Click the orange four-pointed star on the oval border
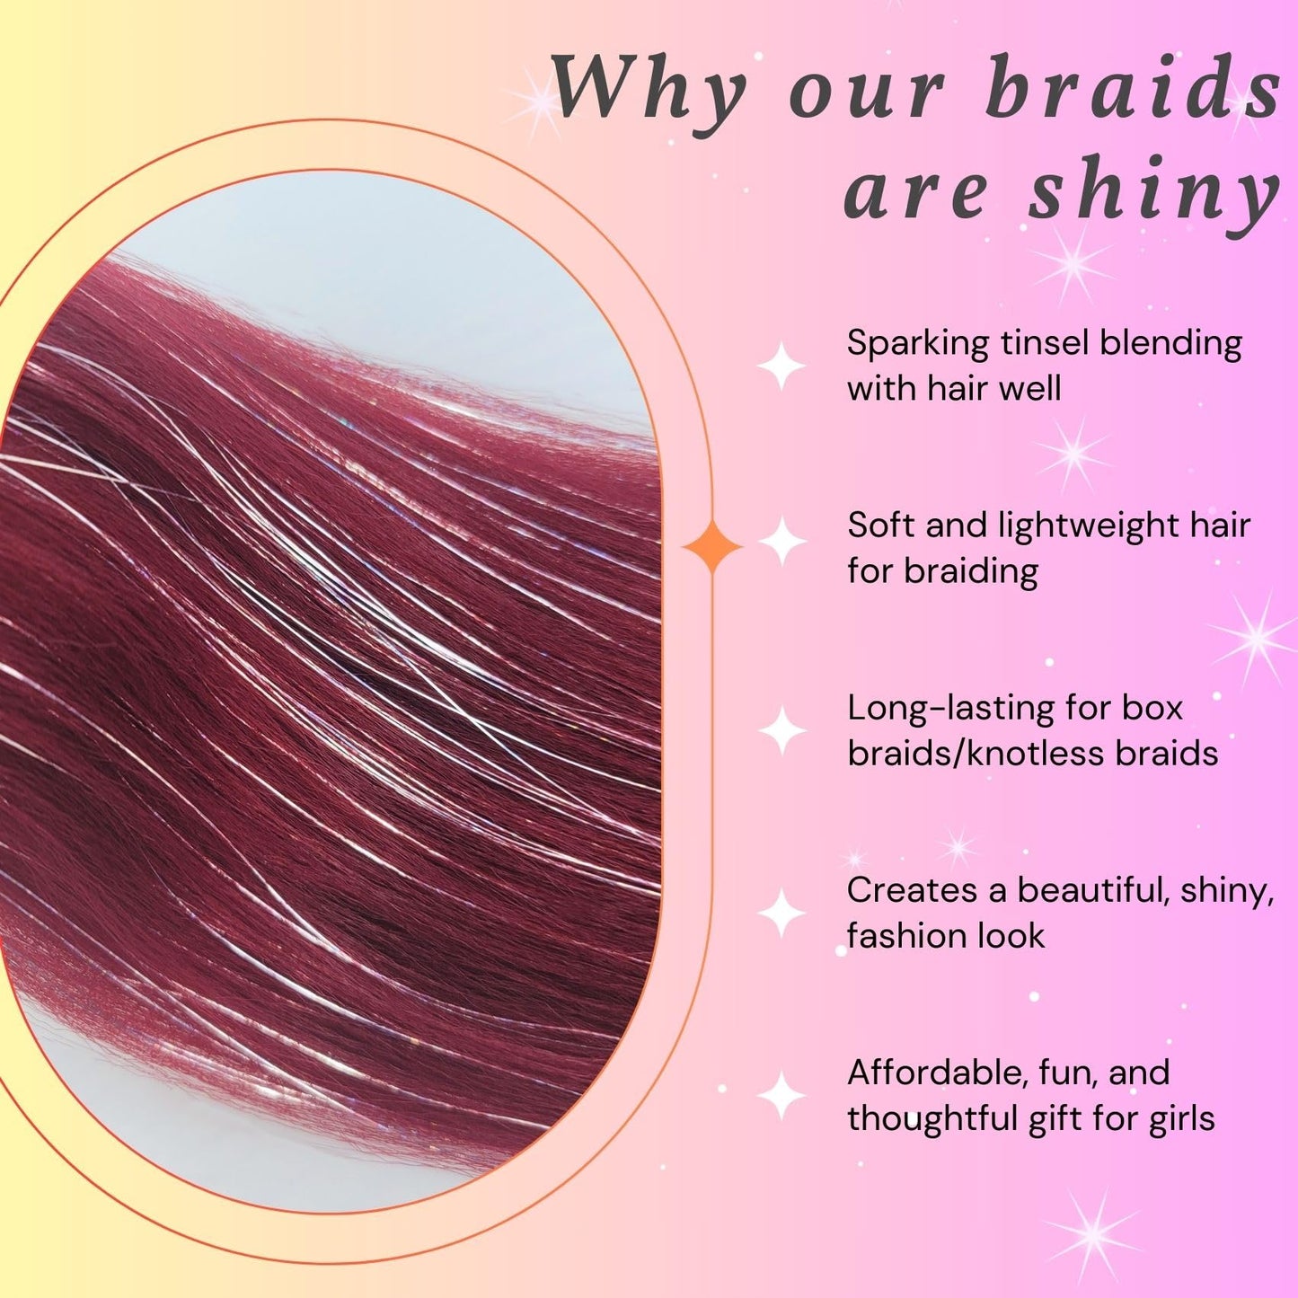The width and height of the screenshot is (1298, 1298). click(x=712, y=546)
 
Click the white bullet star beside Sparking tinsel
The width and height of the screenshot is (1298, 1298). click(x=781, y=366)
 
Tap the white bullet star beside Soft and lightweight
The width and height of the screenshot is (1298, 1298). click(x=782, y=542)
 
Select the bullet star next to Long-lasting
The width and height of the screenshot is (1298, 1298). click(x=782, y=730)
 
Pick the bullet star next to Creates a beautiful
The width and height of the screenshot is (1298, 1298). click(x=782, y=913)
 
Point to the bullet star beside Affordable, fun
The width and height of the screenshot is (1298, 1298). click(x=782, y=1095)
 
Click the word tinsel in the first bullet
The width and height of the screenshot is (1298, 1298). click(x=1037, y=343)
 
